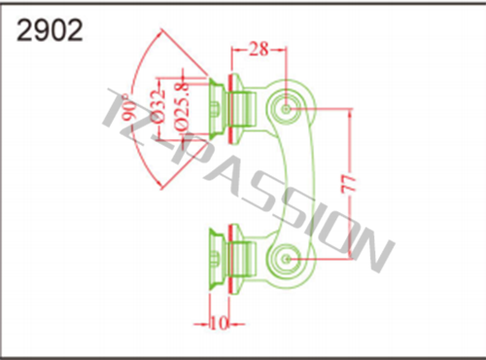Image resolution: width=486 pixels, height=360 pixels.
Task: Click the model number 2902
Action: pyautogui.click(x=50, y=30)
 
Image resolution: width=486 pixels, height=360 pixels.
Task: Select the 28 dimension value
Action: pyautogui.click(x=259, y=50)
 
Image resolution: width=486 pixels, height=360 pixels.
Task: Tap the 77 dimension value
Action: pyautogui.click(x=349, y=184)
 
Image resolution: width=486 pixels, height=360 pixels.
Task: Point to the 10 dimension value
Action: pyautogui.click(x=220, y=323)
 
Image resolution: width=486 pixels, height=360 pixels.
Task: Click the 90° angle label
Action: pyautogui.click(x=129, y=108)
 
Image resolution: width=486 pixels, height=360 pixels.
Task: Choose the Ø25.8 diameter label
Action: pyautogui.click(x=181, y=106)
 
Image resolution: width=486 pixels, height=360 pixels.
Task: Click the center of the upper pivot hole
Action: pyautogui.click(x=286, y=109)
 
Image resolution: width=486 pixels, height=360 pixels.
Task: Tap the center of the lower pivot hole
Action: pyautogui.click(x=286, y=259)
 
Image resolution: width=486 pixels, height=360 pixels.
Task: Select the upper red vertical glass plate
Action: pyautogui.click(x=230, y=109)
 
